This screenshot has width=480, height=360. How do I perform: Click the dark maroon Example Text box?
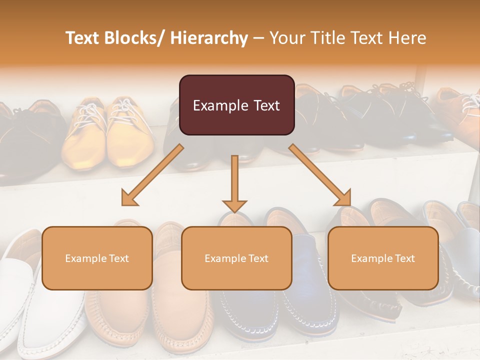[x=236, y=105]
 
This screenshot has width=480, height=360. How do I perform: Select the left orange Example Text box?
[x=97, y=258]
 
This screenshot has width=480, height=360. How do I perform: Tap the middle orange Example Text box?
[x=236, y=258]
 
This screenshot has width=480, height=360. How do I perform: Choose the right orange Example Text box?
[x=383, y=258]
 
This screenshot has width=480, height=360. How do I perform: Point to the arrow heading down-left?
[x=152, y=175]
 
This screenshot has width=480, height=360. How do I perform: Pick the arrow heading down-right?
[x=320, y=175]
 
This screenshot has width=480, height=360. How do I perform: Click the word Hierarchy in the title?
[x=209, y=38]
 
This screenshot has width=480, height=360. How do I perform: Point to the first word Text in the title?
[x=82, y=38]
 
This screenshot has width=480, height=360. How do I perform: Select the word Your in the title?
[x=286, y=38]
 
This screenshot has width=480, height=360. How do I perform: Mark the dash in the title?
[x=258, y=38]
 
